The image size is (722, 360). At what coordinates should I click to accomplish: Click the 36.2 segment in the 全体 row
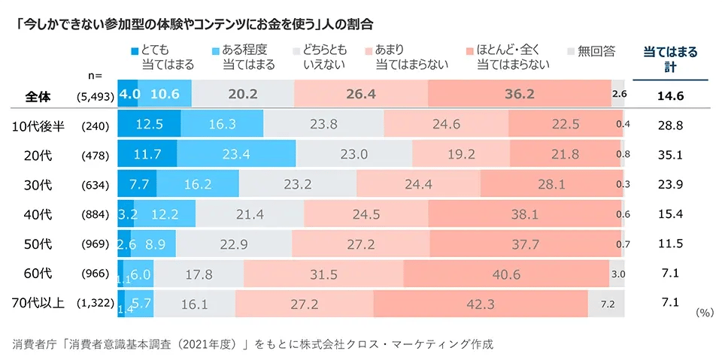[x=519, y=94]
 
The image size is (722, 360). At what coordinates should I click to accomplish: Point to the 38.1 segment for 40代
[x=523, y=214]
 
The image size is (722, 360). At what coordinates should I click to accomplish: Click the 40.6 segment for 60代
[x=506, y=274]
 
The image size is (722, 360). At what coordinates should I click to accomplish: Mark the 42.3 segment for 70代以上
[x=481, y=304]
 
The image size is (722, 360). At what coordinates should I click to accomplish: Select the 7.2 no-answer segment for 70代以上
[x=608, y=304]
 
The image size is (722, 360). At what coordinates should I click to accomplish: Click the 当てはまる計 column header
[x=670, y=58]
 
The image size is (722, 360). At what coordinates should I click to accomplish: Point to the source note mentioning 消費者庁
[x=253, y=344]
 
